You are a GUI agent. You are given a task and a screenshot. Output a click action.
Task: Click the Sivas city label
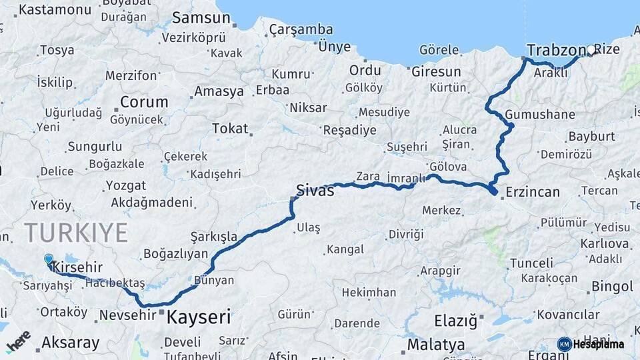pyautogui.click(x=315, y=191)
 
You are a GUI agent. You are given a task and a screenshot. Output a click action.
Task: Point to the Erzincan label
pyautogui.click(x=533, y=192)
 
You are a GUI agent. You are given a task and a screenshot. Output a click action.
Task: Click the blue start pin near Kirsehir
pyautogui.click(x=49, y=260)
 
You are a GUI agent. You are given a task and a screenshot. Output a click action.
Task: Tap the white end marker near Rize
pyautogui.click(x=591, y=49)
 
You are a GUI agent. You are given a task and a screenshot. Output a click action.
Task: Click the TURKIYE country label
pyautogui.click(x=76, y=233)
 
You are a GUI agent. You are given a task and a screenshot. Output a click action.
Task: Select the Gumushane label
pyautogui.click(x=539, y=114)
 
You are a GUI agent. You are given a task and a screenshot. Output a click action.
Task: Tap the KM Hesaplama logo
pyautogui.click(x=591, y=344)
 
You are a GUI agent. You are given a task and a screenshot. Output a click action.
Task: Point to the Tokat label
pyautogui.click(x=229, y=129)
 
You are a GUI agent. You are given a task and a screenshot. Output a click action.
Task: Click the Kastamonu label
pyautogui.click(x=55, y=9)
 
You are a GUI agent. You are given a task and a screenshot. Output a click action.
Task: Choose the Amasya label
pyautogui.click(x=219, y=91)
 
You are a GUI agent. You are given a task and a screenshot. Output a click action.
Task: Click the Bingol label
pyautogui.click(x=611, y=287)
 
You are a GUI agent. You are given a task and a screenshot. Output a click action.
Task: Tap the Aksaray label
pyautogui.click(x=70, y=343)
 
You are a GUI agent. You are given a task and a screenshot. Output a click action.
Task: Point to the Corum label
pyautogui.click(x=144, y=102)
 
